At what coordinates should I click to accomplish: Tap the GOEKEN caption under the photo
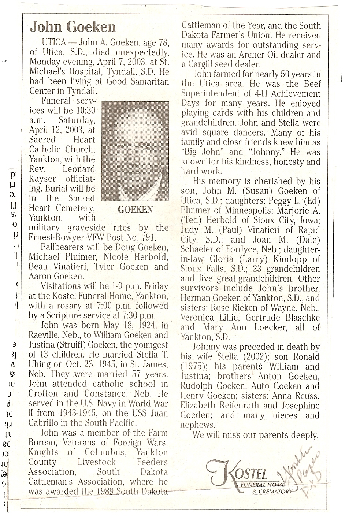pos(135,210)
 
